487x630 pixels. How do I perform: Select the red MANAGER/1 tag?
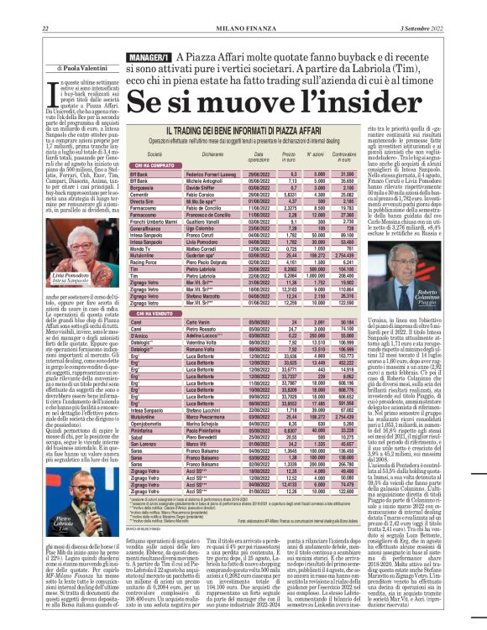(137, 56)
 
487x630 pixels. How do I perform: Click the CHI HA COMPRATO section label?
(156, 166)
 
